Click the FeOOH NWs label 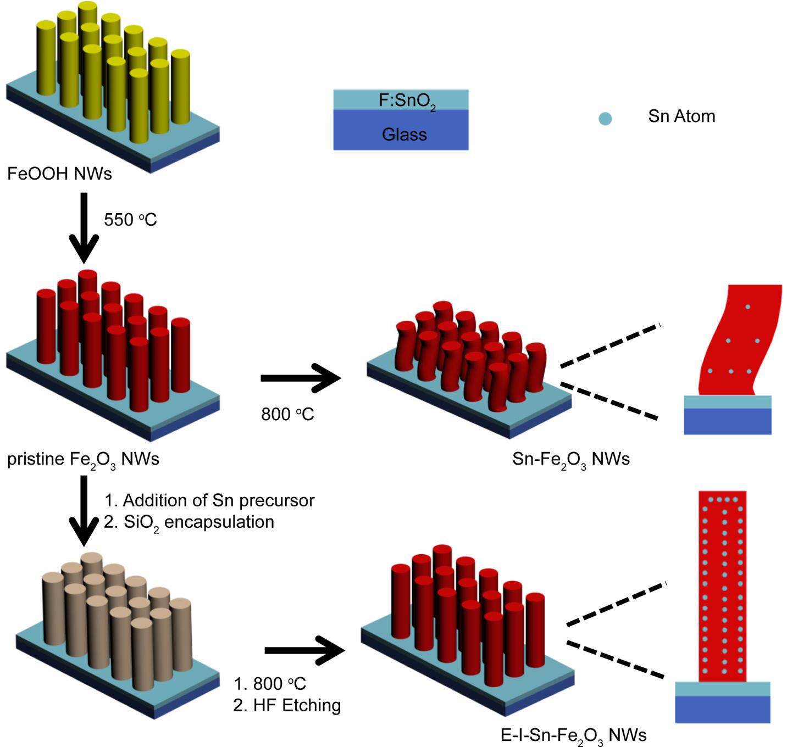59,174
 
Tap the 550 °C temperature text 130,220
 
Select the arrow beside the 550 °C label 84,226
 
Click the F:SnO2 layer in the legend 401,99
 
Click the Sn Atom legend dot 605,118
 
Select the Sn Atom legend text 681,116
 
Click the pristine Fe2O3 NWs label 83,460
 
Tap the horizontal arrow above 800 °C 300,378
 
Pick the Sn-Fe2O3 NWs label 571,459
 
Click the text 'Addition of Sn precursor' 209,500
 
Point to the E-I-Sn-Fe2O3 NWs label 573,735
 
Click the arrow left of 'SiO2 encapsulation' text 84,510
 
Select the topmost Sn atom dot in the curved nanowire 747,306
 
